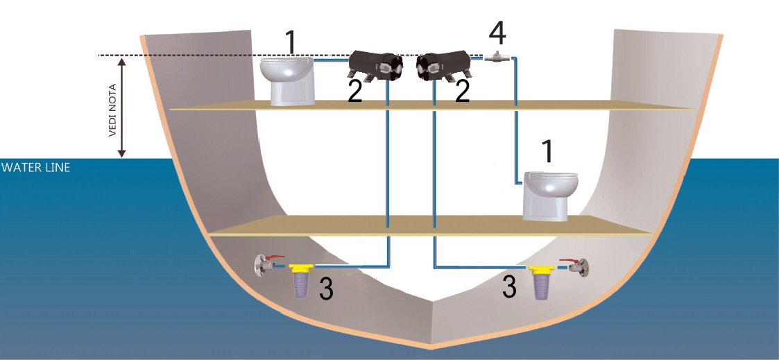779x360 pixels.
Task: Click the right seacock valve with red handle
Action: (578, 264)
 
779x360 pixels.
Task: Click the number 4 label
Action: (497, 31)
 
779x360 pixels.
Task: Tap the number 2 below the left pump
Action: (355, 92)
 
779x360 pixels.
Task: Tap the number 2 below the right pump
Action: (462, 92)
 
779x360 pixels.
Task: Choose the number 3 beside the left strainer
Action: (326, 289)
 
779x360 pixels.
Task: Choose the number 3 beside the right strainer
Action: (510, 287)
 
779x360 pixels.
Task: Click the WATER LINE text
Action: (35, 167)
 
